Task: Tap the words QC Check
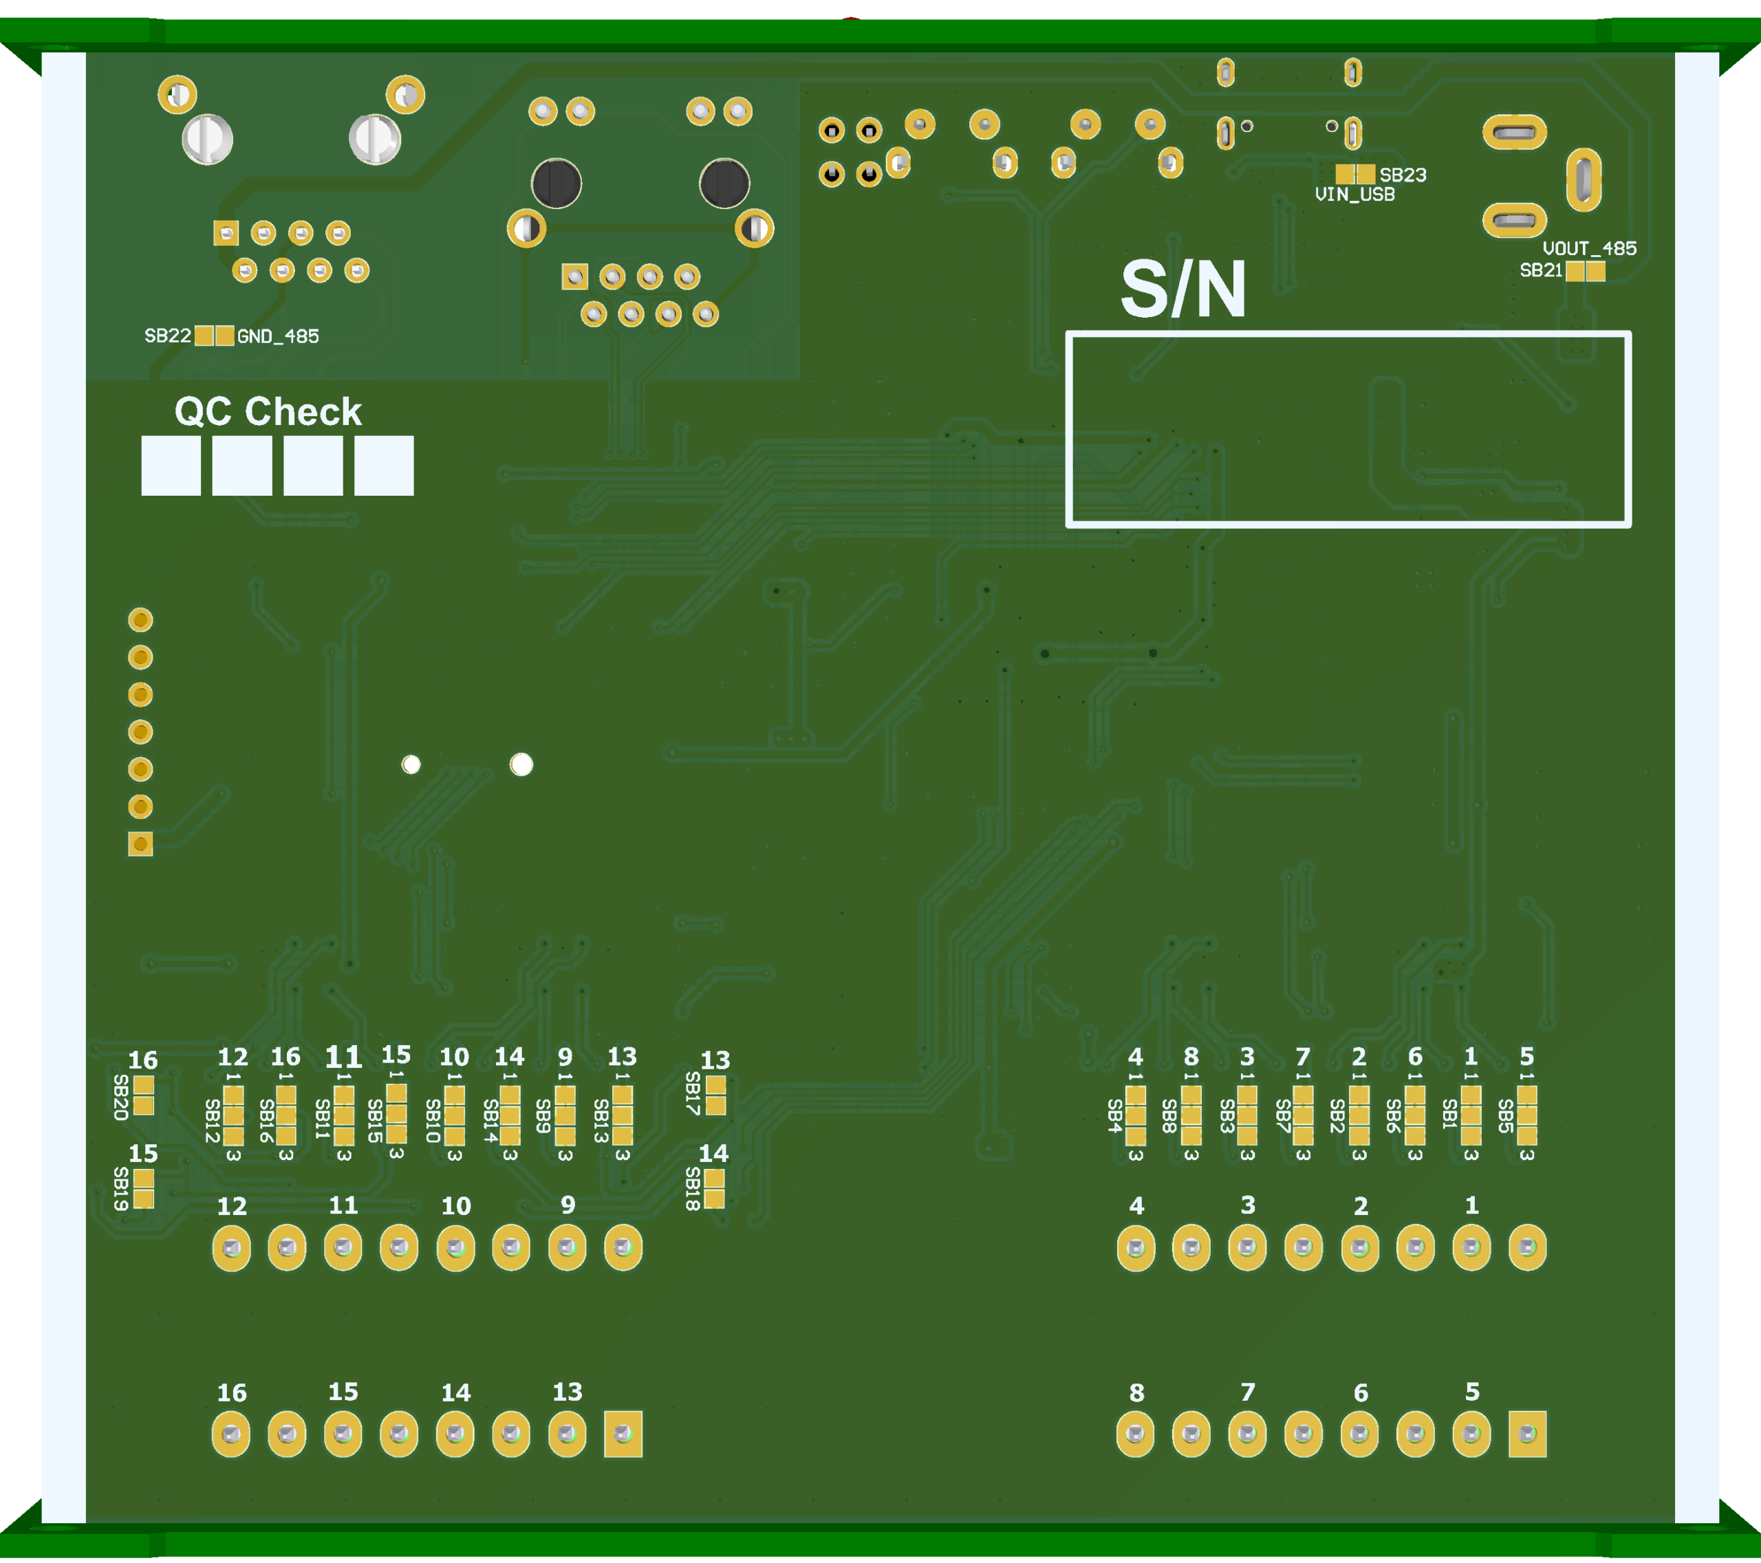click(268, 412)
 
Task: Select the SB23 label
click(1403, 175)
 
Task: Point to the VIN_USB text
click(1354, 195)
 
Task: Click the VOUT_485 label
click(1590, 249)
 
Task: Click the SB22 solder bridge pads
click(215, 336)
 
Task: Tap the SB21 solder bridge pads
click(1586, 271)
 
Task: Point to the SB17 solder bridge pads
click(715, 1095)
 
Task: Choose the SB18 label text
click(693, 1188)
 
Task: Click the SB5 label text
click(1505, 1116)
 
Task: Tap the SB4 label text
click(1115, 1116)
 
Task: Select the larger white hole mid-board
click(521, 765)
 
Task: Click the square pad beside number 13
click(623, 1434)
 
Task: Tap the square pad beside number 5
click(1528, 1434)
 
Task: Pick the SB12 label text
click(212, 1120)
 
